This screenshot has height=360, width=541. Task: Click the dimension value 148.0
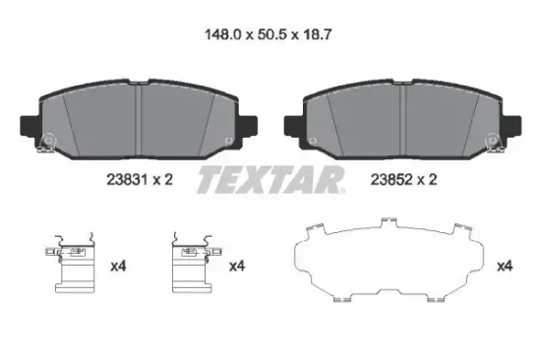[x=222, y=34]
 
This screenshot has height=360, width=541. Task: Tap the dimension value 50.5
[x=272, y=34]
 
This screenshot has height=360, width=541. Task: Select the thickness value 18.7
[x=317, y=34]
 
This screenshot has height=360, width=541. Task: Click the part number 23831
[x=127, y=180]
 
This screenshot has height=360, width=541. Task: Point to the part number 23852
[x=391, y=180]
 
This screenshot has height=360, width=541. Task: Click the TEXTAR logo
[x=270, y=179]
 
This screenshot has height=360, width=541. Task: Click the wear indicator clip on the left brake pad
[x=46, y=143]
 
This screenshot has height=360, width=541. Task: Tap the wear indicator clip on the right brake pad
[x=494, y=143]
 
